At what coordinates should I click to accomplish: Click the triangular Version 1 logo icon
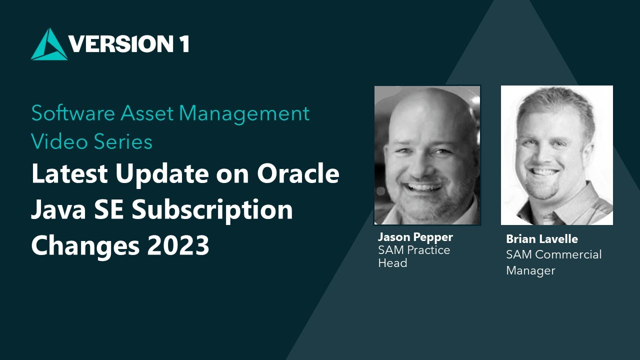coord(49,45)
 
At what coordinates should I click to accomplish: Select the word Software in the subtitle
coord(73,113)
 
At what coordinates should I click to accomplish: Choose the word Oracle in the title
coord(298,174)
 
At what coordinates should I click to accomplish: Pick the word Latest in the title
coord(70,174)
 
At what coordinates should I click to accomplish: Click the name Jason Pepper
coord(415,236)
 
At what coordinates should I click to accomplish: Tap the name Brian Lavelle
coord(542,239)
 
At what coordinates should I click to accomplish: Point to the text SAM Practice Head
coord(414,256)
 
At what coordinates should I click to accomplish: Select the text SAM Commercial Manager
coord(553,262)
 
